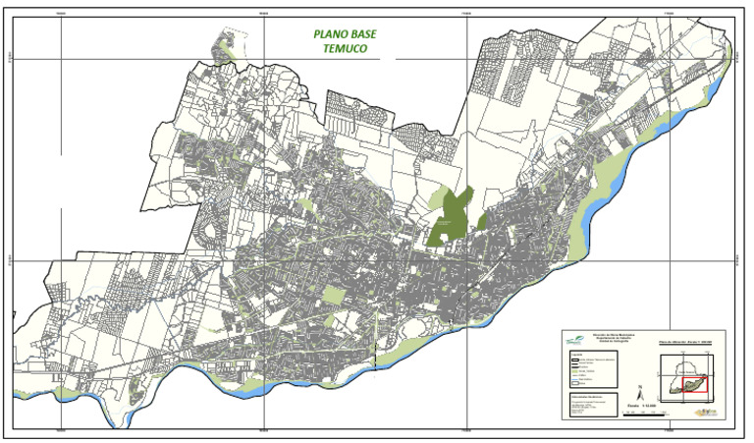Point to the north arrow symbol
[x=640, y=394]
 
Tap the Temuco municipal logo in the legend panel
[x=575, y=340]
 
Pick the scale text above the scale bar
[x=642, y=406]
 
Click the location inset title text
[x=684, y=342]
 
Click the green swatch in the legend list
[x=574, y=371]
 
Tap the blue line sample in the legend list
[x=574, y=379]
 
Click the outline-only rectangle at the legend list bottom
[x=574, y=383]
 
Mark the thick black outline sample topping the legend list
[x=574, y=360]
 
